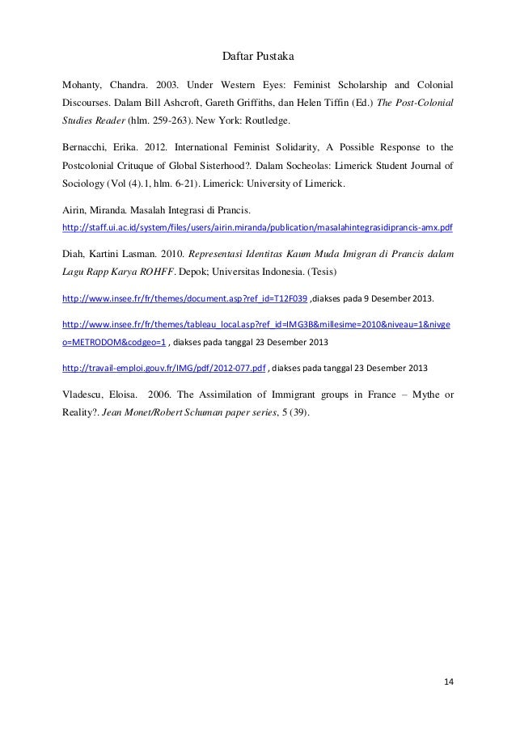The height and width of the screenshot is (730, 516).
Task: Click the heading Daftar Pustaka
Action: [x=258, y=57]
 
